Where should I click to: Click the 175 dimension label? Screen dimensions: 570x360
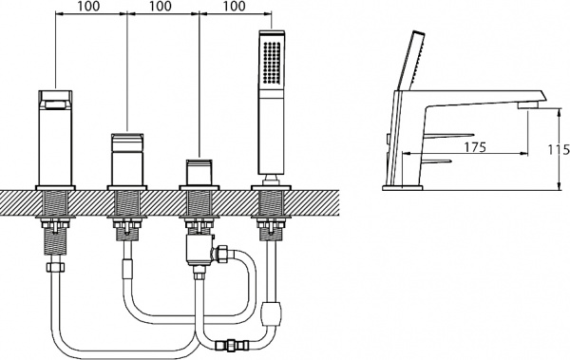[475, 147]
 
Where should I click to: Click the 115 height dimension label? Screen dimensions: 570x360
[560, 149]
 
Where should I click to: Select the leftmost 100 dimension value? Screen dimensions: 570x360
[88, 6]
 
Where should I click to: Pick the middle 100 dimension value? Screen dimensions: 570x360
[160, 6]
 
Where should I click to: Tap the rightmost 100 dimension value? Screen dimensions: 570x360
[233, 6]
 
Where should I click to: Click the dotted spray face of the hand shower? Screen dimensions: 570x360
[272, 63]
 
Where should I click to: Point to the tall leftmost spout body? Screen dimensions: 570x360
[55, 138]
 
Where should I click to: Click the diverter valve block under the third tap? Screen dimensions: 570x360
[199, 249]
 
